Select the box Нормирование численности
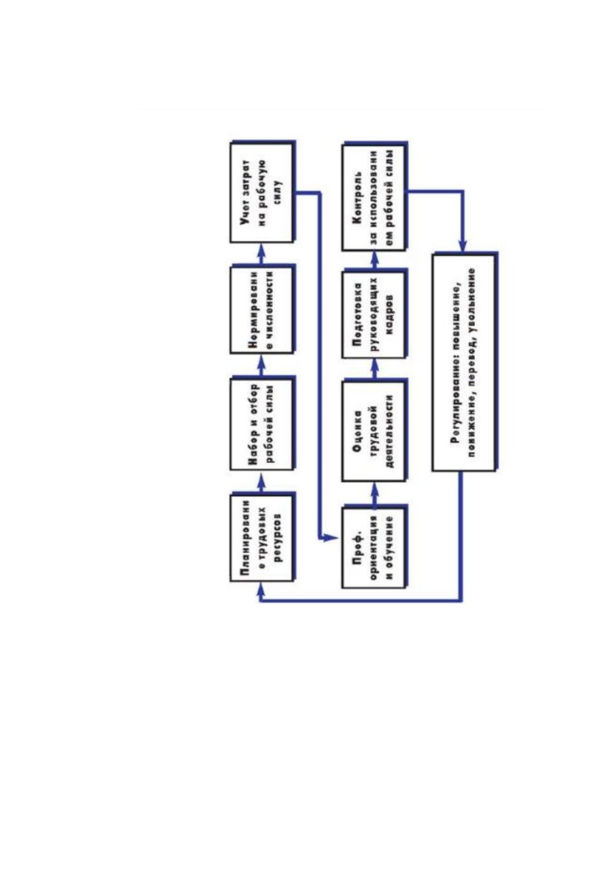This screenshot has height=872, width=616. pos(261,310)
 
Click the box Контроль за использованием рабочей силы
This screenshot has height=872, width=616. pos(374,197)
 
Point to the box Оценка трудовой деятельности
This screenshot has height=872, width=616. pos(374,431)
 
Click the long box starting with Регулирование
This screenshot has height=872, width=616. pos(464,362)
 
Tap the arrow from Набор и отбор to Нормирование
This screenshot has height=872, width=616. pos(262,366)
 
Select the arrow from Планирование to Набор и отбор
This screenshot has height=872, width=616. pos(262,482)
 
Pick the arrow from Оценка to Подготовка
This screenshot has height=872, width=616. pos(374,370)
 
